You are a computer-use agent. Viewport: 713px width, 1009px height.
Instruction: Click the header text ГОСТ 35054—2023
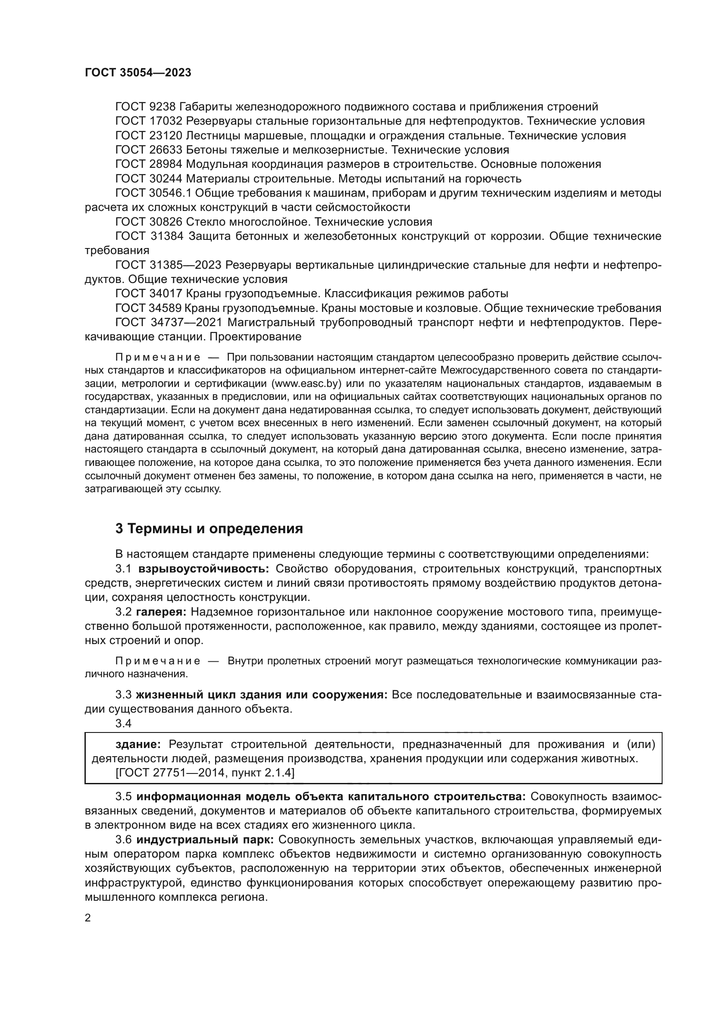click(138, 73)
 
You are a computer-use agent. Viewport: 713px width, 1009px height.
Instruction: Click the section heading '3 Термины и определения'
click(209, 528)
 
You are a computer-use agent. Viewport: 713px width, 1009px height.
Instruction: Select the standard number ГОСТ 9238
click(145, 107)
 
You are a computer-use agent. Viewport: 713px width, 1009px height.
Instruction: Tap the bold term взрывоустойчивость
click(204, 569)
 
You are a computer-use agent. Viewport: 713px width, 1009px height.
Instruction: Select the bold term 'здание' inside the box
click(138, 745)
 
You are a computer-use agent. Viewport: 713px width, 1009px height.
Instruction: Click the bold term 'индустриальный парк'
click(205, 840)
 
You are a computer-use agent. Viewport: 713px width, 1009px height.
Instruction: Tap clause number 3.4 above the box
click(123, 723)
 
